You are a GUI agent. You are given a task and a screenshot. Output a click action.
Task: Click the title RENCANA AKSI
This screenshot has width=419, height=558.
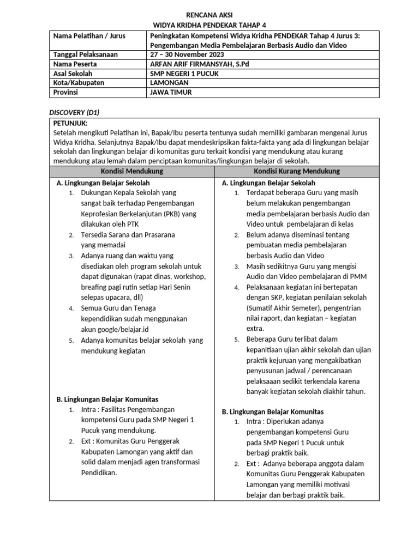point(209,15)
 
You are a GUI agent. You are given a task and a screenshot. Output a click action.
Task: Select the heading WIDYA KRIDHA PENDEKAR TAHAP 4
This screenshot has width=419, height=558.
point(209,25)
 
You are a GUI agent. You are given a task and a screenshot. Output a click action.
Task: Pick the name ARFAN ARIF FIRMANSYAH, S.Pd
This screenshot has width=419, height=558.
point(200,64)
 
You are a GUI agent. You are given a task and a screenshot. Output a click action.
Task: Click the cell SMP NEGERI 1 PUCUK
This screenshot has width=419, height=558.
point(185,73)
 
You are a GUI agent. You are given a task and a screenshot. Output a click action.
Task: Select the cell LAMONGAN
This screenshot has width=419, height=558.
point(169,82)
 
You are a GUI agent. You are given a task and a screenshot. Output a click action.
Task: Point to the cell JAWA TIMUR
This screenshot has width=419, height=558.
point(171,92)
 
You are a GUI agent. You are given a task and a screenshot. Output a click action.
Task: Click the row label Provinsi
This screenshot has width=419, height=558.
point(65,92)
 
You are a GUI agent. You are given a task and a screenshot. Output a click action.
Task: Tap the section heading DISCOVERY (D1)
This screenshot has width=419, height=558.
point(74,112)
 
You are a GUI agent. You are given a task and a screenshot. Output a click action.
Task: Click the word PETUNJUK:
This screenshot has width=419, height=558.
point(70,123)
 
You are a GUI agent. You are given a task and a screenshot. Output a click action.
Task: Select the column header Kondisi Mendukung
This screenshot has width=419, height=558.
point(132,172)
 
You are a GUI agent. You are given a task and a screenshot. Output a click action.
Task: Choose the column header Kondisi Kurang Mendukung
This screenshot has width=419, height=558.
point(297,172)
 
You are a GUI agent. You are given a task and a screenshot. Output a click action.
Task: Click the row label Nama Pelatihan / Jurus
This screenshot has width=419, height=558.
point(89,36)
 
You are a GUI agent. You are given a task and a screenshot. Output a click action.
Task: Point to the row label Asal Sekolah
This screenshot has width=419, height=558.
point(73,73)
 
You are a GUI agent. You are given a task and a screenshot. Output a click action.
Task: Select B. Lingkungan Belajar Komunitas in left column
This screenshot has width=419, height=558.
point(107,399)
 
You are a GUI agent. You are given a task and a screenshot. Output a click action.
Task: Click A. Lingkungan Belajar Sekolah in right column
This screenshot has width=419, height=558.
point(268,183)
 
